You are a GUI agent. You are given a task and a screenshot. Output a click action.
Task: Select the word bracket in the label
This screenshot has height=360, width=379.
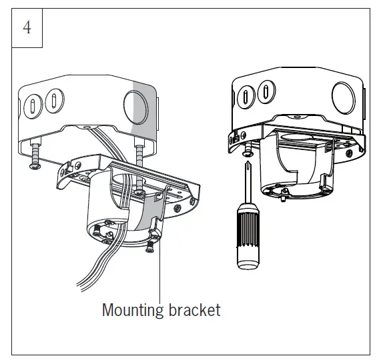[194, 309]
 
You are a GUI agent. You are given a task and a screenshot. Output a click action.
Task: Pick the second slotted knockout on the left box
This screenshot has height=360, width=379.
[51, 105]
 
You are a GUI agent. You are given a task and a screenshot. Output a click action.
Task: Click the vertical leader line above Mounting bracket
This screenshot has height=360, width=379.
[160, 280]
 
